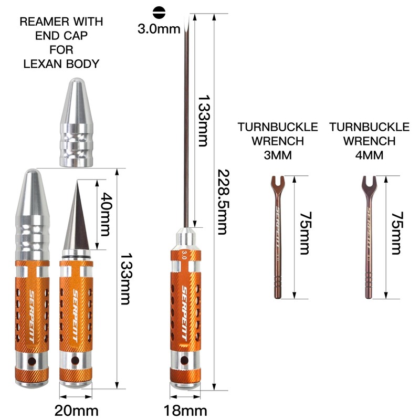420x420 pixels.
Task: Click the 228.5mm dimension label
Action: pos(222,202)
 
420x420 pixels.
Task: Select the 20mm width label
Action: pos(76,411)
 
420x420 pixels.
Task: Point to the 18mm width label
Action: pos(185,411)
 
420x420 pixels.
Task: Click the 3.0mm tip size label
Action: pos(159,29)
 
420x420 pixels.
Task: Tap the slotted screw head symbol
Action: pos(159,12)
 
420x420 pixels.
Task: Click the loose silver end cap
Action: pos(77,122)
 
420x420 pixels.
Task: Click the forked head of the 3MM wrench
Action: pos(278,184)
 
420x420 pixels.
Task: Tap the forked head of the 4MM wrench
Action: pos(370,184)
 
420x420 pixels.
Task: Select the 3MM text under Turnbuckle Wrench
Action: pos(278,155)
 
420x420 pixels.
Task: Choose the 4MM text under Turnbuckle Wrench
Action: pos(370,155)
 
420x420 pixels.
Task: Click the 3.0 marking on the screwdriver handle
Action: pos(184,255)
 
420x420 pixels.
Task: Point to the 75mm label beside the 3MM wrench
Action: pos(304,233)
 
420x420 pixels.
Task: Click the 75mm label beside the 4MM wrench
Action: pos(396,233)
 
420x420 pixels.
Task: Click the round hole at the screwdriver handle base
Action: pos(184,360)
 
